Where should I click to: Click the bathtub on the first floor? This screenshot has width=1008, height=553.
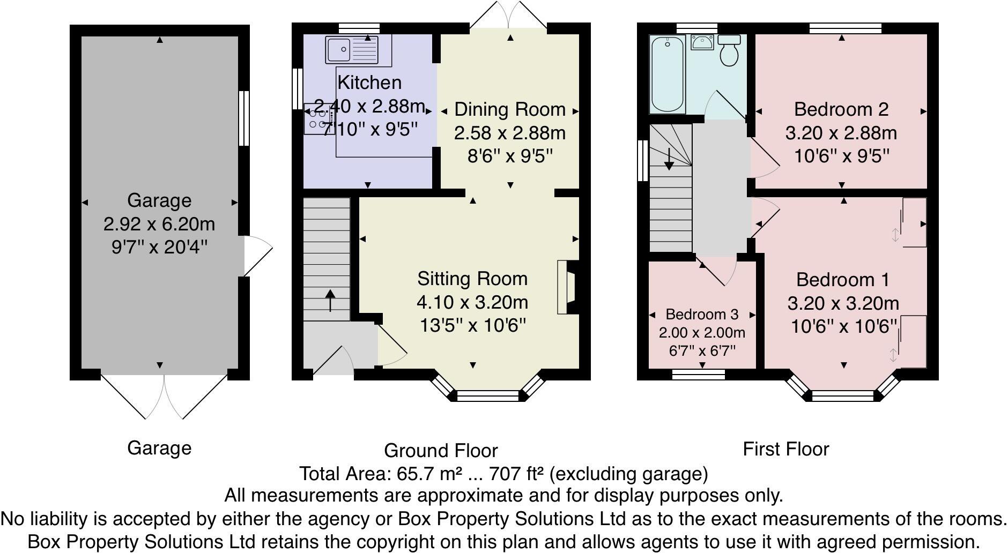(668, 75)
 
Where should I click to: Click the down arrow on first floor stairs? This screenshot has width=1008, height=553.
(669, 159)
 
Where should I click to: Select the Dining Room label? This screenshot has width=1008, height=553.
(509, 109)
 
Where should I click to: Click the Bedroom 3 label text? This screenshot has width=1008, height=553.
(702, 315)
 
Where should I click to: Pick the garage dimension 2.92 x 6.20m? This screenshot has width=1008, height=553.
(159, 223)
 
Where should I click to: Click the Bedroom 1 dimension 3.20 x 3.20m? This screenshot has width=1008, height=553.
(843, 303)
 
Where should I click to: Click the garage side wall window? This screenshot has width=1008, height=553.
(244, 118)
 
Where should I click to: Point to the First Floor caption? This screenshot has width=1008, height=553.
(785, 449)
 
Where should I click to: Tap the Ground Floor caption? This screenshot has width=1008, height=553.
(441, 451)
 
